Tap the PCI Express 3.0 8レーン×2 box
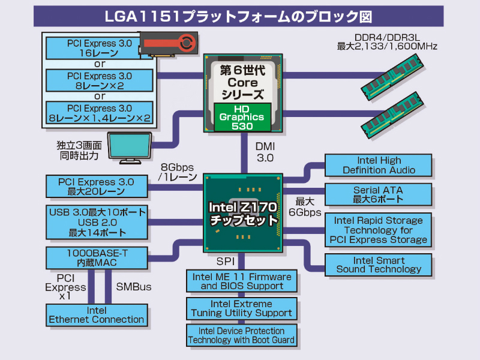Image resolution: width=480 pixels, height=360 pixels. (100, 80)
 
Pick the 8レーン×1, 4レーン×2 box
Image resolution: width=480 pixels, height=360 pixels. (100, 113)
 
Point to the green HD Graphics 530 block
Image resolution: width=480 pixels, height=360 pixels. (243, 117)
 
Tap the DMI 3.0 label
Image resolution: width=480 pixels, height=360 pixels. (265, 151)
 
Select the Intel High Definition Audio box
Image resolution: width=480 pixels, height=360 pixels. (378, 165)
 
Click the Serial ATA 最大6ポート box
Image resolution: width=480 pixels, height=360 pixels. (378, 194)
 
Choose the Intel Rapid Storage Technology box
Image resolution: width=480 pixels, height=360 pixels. (378, 230)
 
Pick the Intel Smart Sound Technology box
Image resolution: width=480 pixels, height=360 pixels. (378, 265)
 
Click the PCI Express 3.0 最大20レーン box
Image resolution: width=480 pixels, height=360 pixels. (96, 187)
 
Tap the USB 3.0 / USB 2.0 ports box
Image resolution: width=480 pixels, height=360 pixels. (96, 223)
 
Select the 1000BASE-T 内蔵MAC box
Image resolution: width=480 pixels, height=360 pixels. (96, 258)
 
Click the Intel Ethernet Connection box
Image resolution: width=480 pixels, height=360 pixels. (96, 315)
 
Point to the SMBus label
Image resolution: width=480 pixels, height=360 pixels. (133, 287)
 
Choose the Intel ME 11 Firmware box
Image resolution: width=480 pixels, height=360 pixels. (242, 281)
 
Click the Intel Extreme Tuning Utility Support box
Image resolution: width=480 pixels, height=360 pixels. (242, 308)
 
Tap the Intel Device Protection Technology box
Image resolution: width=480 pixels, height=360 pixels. (242, 335)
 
